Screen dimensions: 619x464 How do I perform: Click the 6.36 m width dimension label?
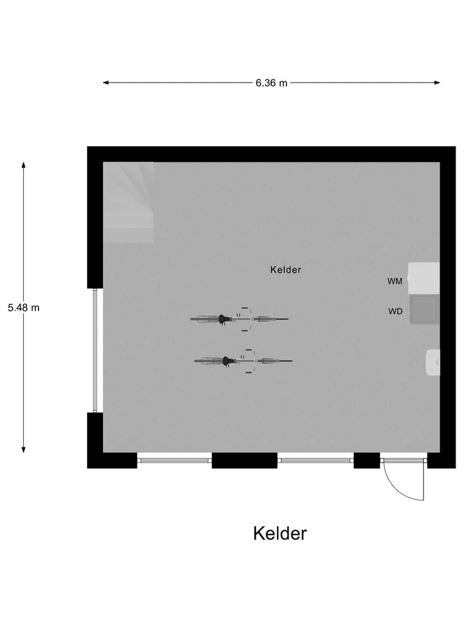(x=271, y=83)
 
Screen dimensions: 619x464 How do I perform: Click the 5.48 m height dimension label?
(x=24, y=308)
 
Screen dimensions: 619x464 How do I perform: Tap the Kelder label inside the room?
(x=285, y=270)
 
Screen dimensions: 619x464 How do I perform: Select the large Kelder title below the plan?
(x=280, y=534)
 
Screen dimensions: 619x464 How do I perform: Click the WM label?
(x=395, y=281)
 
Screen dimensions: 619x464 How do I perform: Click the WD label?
(x=395, y=311)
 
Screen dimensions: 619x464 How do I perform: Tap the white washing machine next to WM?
(x=424, y=277)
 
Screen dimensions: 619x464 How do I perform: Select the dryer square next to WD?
(x=424, y=309)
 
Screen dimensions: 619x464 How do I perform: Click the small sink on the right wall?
(x=434, y=362)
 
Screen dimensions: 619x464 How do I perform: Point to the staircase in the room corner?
(x=129, y=202)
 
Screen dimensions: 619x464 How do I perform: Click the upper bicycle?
(x=239, y=319)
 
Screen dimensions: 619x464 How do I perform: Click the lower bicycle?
(x=243, y=361)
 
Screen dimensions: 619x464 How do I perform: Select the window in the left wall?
(x=95, y=350)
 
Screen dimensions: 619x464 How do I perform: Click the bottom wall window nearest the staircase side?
(x=174, y=460)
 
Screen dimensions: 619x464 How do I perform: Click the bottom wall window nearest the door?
(x=316, y=460)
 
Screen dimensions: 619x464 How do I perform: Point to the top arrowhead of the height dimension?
(x=24, y=164)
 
